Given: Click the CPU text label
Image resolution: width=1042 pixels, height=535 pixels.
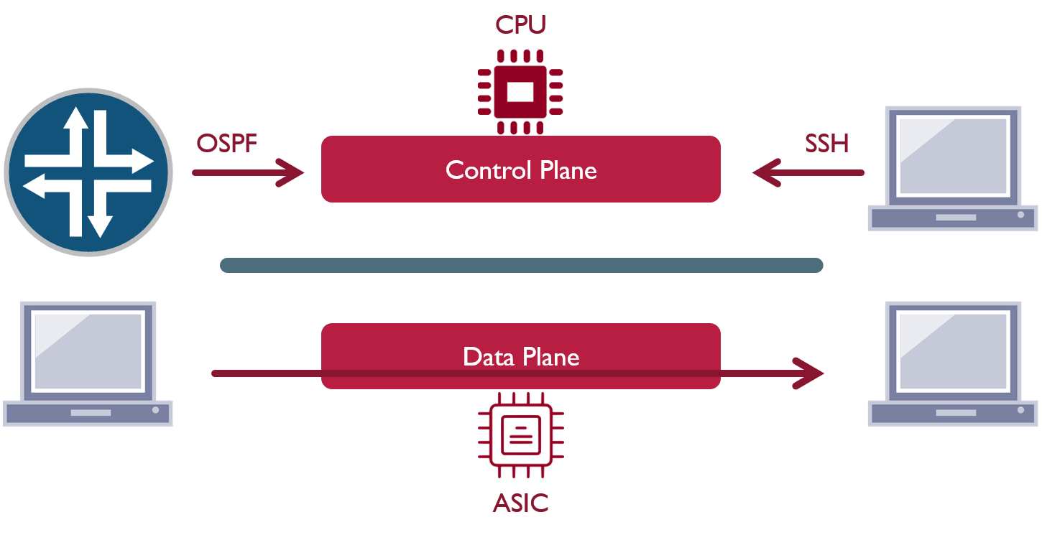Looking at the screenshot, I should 520,24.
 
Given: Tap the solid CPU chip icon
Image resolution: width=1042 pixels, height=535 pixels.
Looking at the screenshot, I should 520,91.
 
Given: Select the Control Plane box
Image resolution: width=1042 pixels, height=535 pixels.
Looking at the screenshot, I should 520,169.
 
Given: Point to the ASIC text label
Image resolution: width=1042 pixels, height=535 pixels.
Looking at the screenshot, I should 520,503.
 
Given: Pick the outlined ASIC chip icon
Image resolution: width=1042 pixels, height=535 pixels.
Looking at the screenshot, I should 520,434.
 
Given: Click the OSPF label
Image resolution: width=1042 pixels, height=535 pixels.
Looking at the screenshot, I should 226,144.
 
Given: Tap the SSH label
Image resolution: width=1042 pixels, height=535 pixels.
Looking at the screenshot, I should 826,144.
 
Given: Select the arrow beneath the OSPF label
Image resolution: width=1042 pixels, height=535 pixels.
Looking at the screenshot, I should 248,172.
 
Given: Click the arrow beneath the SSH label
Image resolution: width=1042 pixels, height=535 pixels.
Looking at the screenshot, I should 808,172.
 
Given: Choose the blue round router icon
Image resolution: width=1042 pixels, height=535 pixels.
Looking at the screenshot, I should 88,172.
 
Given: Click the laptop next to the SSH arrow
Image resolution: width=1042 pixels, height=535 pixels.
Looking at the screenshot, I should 952,169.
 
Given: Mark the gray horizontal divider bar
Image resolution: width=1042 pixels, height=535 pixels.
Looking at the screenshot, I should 520,265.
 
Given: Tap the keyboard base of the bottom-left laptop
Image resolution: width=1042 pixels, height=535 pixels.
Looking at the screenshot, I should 88,413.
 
